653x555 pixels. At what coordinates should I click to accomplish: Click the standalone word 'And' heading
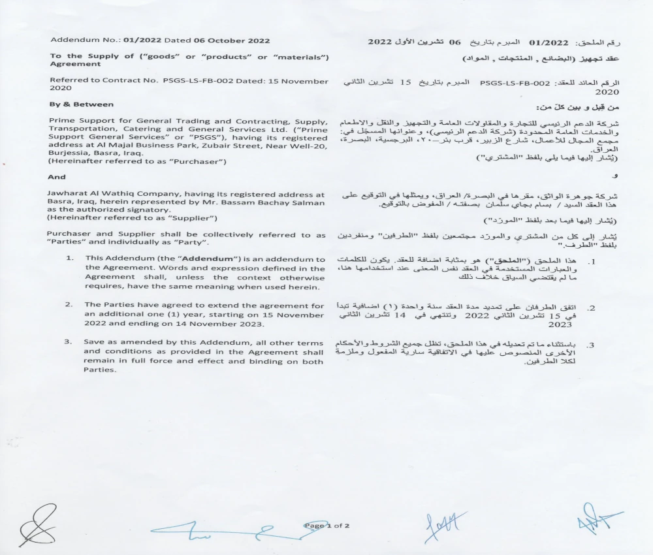click(x=57, y=177)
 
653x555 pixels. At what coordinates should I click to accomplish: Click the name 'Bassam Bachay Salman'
click(x=287, y=202)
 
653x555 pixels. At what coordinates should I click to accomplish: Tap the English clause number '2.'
click(x=69, y=305)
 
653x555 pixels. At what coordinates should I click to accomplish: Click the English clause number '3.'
click(x=68, y=342)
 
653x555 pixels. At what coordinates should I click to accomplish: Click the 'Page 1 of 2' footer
click(x=327, y=525)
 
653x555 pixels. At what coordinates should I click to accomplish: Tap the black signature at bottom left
click(x=35, y=526)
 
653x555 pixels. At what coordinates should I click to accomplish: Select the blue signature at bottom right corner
click(x=596, y=520)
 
